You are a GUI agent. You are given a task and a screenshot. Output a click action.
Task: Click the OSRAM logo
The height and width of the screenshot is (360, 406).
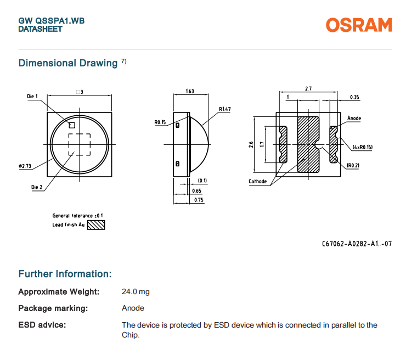coord(359,25)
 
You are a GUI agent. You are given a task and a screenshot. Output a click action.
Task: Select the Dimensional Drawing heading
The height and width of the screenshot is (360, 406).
coord(67,63)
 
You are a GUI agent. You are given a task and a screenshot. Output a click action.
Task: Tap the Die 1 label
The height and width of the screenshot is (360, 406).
coord(33,97)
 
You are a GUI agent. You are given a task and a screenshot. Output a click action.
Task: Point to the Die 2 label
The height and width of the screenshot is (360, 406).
coord(36,187)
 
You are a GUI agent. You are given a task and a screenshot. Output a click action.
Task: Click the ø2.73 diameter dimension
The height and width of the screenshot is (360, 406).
coord(24,165)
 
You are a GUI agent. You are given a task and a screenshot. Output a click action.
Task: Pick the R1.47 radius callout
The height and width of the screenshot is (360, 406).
coord(224,110)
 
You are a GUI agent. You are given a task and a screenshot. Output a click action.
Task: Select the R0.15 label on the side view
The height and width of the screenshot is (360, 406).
coord(160,122)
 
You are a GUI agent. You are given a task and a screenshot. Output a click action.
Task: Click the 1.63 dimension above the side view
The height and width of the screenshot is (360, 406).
coord(190,91)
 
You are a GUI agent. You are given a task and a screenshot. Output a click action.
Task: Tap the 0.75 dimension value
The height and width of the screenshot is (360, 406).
coord(198,200)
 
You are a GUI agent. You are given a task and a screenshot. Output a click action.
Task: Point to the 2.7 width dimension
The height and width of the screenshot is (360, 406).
coord(308,89)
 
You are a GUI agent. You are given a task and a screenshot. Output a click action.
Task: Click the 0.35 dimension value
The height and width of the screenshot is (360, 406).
coord(354,98)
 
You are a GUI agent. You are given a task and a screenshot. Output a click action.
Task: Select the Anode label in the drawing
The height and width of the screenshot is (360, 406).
coord(354,118)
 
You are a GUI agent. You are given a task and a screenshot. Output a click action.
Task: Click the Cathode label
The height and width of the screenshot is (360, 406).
coord(257,181)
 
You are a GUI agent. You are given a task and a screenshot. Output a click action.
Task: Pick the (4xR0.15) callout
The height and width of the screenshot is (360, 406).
coord(362,147)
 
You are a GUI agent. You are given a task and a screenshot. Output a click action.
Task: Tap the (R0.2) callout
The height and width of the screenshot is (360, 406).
coord(353,165)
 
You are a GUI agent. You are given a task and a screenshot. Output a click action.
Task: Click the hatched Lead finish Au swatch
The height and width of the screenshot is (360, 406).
coord(96,224)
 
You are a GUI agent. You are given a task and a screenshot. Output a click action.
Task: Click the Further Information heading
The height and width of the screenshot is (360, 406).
coord(65,274)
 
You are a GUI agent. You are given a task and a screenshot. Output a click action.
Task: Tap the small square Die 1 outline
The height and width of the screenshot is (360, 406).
coord(72,125)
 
